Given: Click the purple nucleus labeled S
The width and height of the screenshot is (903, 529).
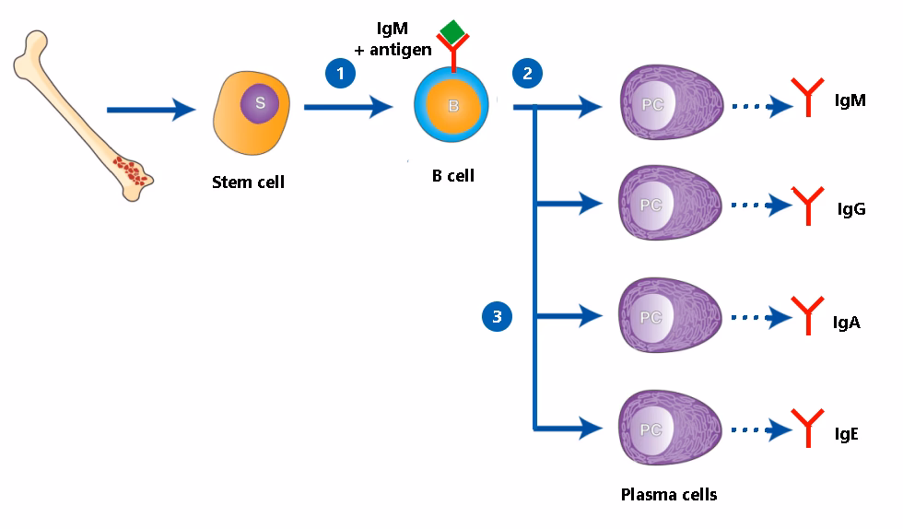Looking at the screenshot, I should click(260, 103).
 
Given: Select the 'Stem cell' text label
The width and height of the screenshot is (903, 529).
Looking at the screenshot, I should click(248, 182).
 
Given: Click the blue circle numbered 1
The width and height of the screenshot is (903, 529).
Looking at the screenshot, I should click(340, 73).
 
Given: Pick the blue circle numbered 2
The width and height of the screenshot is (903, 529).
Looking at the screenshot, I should click(527, 73).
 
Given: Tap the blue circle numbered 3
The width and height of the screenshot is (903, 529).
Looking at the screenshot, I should click(498, 317).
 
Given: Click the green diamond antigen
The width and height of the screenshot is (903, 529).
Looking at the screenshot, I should click(452, 30).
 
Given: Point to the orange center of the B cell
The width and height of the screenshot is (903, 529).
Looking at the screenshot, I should click(452, 106).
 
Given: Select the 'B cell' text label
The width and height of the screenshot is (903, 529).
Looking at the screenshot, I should click(452, 176).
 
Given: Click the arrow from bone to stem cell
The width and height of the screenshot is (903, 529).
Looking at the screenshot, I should click(151, 111).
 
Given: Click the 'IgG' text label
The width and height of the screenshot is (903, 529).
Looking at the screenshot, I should click(850, 209).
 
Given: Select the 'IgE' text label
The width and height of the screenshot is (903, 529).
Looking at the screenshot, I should click(846, 433).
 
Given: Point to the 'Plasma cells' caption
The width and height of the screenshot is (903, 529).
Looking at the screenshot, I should click(668, 494).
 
